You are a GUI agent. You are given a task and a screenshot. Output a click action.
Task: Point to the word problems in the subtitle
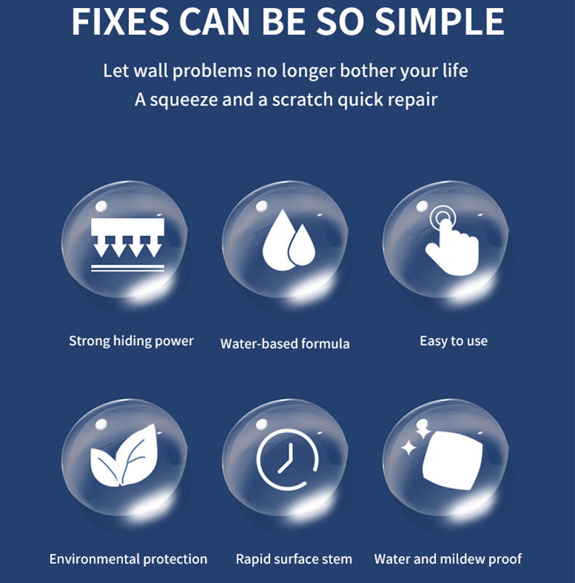[212, 71]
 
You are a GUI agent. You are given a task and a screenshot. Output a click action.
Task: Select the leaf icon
[124, 456]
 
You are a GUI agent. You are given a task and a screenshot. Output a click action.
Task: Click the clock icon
[287, 459]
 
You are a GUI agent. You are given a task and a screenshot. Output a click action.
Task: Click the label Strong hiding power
[131, 341]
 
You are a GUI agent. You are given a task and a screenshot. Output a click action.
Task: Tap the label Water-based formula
[285, 344]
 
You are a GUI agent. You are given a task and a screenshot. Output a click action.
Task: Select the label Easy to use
[453, 341]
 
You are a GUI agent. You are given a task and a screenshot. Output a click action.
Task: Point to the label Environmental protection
[128, 559]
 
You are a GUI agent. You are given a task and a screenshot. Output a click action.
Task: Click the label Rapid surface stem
[294, 559]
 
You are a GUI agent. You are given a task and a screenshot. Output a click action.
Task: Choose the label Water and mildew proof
[448, 559]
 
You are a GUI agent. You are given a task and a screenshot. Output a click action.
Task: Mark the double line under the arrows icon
[127, 268]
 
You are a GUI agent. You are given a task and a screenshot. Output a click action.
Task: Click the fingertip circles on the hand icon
[442, 217]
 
